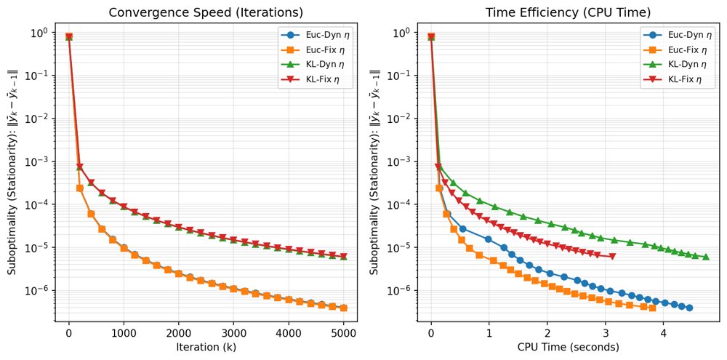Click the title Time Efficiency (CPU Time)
pyautogui.click(x=569, y=13)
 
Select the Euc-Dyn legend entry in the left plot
pyautogui.click(x=313, y=34)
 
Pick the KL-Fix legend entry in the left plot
pyautogui.click(x=313, y=80)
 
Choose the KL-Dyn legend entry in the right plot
pyautogui.click(x=675, y=65)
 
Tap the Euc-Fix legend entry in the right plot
pyautogui.click(x=675, y=49)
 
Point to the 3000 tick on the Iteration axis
pyautogui.click(x=233, y=334)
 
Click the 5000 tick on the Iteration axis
pyautogui.click(x=344, y=334)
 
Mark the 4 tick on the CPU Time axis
pyautogui.click(x=664, y=334)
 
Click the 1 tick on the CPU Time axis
pyautogui.click(x=489, y=334)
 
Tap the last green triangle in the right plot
pyautogui.click(x=706, y=257)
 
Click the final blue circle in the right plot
pyautogui.click(x=689, y=308)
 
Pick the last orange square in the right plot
pyautogui.click(x=652, y=308)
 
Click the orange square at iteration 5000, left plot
pyautogui.click(x=344, y=308)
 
